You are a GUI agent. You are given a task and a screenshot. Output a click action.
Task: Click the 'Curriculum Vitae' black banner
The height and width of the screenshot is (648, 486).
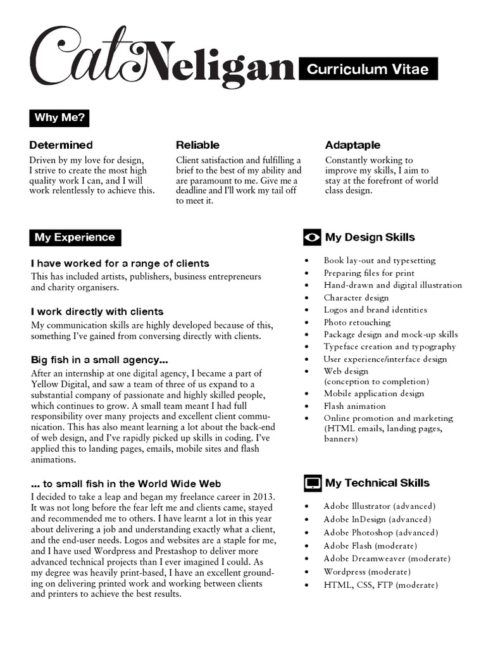point(368,69)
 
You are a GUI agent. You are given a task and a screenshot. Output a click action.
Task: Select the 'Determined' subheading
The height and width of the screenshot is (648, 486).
point(61,145)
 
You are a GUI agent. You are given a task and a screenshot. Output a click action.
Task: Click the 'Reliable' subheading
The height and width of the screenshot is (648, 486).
point(197,145)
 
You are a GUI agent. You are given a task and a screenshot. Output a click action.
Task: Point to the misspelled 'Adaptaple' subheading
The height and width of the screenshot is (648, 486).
point(352,145)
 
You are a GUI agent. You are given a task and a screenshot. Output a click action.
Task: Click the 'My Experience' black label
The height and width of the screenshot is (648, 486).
point(75,238)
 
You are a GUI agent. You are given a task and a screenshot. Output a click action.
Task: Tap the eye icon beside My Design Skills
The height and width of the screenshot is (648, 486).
point(312,237)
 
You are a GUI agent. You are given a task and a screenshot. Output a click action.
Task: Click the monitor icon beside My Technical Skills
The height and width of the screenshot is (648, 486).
point(312,483)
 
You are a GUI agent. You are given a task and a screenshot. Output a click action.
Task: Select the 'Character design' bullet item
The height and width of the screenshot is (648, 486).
point(356,297)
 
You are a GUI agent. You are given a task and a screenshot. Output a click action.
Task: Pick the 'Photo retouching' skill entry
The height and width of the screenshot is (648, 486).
point(357,322)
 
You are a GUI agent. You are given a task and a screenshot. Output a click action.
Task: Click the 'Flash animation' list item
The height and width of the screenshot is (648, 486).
point(354,406)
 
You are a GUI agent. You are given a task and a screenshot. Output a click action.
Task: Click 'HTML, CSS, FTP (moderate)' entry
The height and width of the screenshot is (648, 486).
point(380,585)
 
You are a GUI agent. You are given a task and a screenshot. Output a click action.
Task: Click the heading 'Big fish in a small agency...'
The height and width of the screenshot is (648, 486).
point(99,360)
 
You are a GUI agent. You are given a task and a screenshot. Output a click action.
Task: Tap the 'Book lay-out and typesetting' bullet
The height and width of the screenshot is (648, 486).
point(380,260)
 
